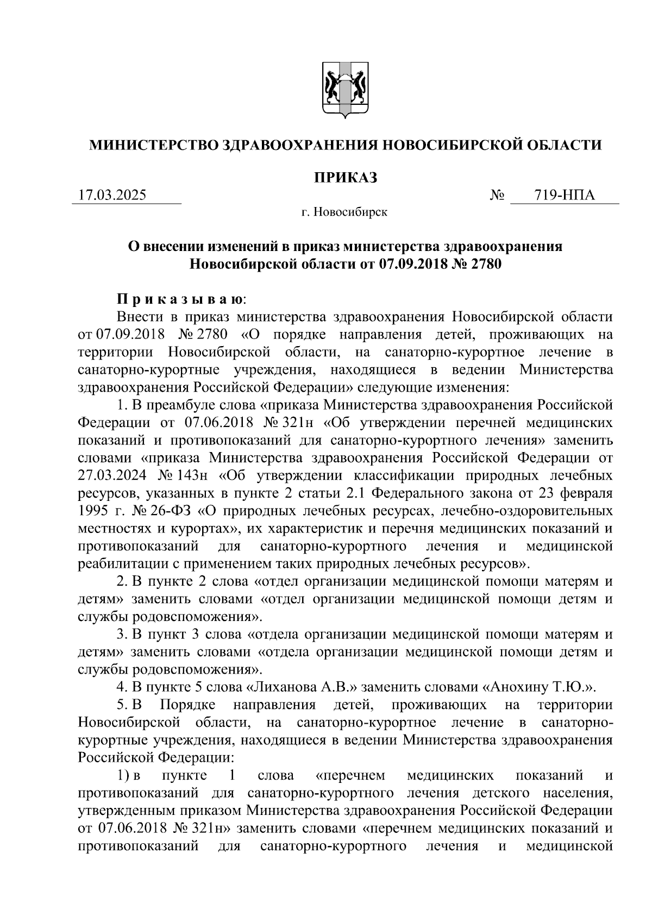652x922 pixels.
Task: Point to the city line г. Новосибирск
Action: pyautogui.click(x=345, y=212)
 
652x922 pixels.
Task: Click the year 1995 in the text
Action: pyautogui.click(x=93, y=511)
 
